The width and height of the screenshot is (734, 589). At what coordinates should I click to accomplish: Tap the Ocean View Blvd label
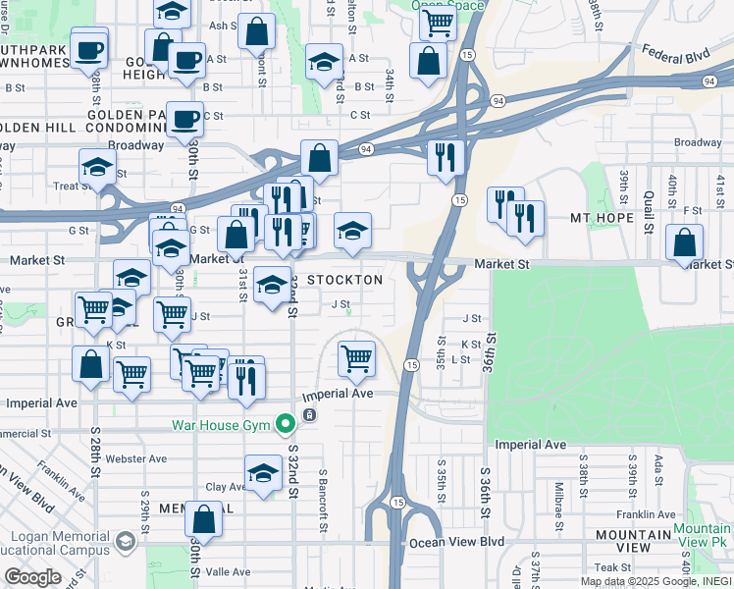point(456,542)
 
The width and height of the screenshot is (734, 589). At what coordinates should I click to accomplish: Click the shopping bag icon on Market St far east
point(684,242)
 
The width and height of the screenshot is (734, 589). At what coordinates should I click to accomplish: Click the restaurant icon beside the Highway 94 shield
point(446,155)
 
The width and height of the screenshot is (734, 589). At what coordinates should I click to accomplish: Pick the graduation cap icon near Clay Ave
point(263,474)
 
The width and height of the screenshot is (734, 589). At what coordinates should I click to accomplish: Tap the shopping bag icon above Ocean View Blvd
point(205,518)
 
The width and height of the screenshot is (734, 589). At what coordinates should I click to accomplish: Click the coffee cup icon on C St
point(184,120)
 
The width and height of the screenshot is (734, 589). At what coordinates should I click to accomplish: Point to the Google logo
point(33,576)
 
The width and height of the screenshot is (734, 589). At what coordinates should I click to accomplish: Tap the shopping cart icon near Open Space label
point(437,23)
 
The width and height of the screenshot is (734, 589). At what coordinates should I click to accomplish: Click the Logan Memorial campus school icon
point(126,541)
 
